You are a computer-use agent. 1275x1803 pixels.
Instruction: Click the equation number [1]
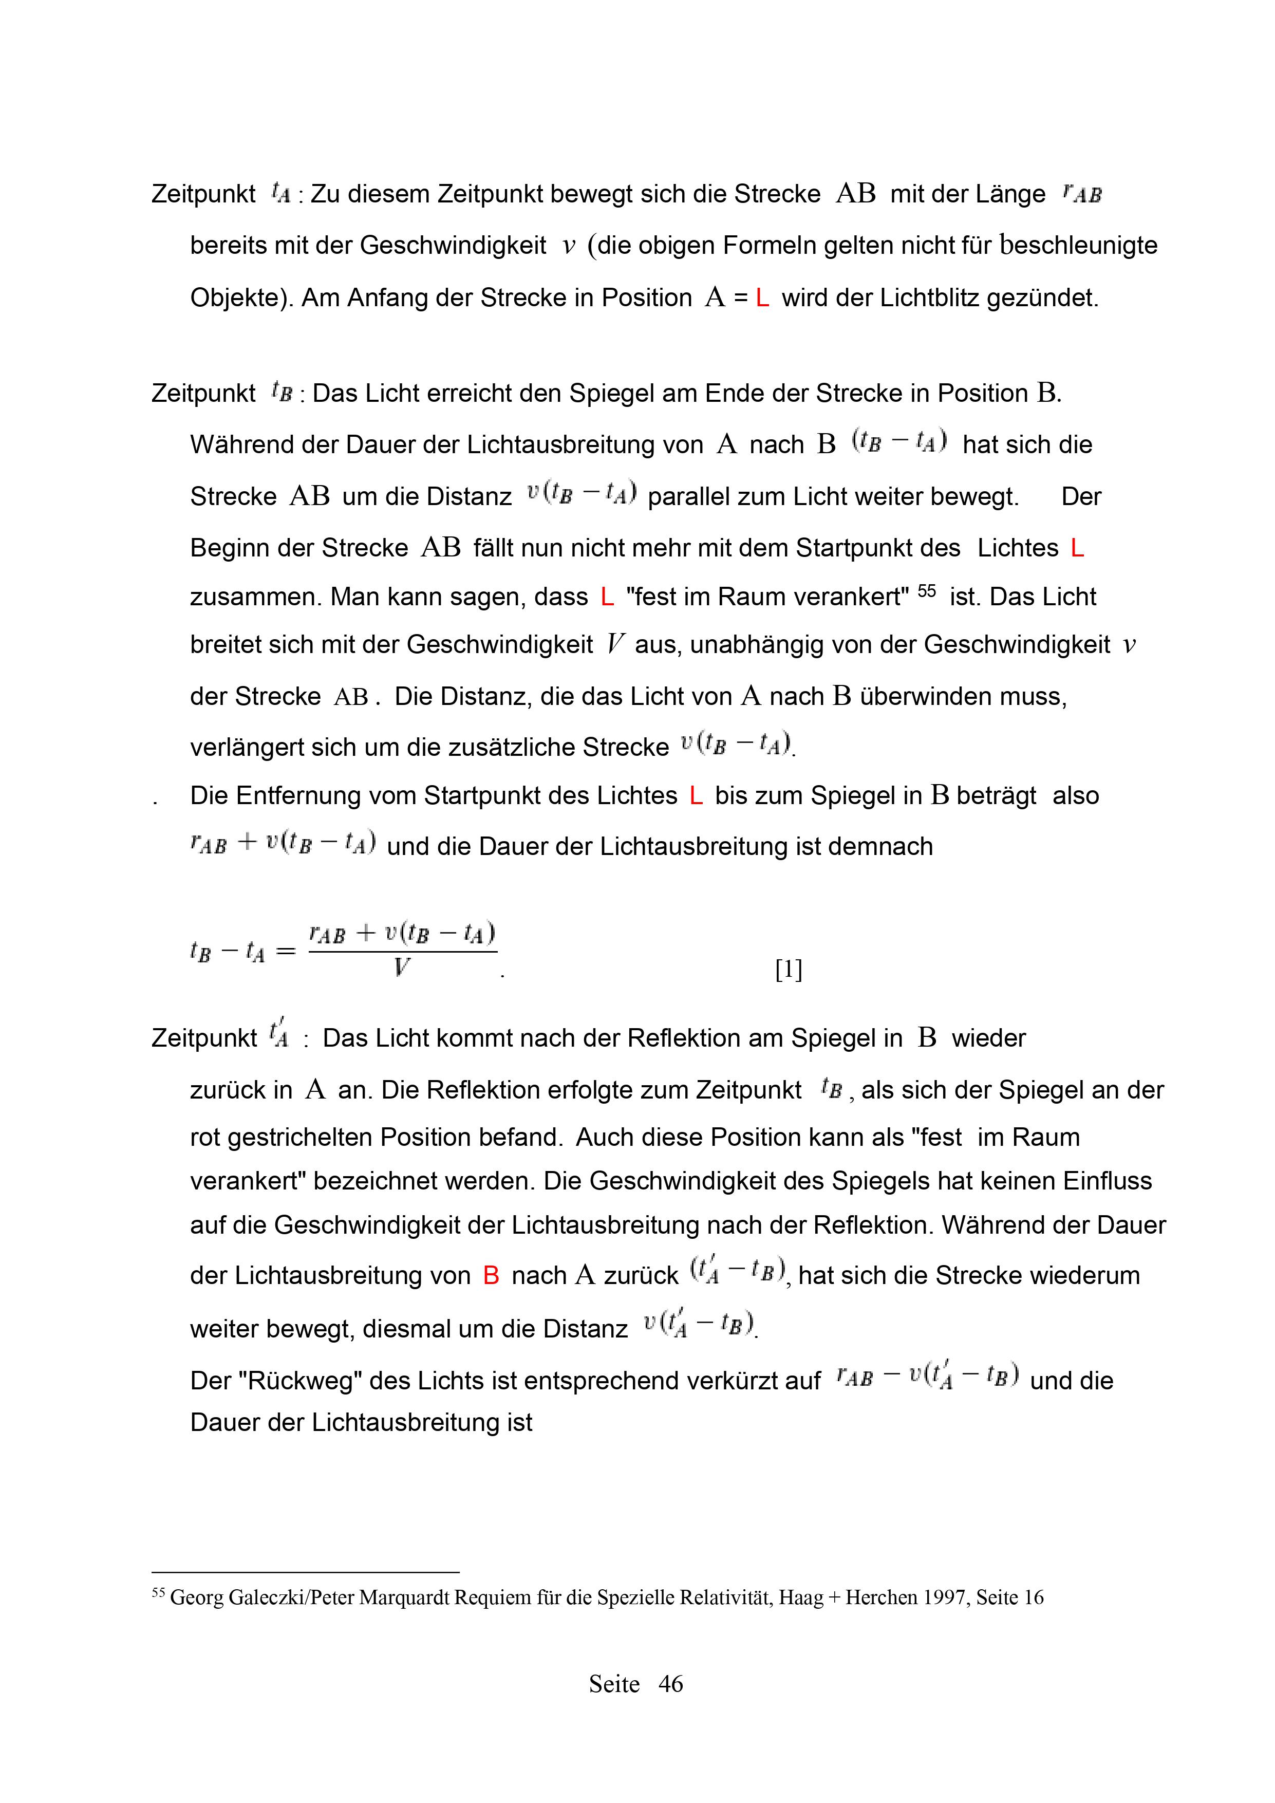[x=788, y=971]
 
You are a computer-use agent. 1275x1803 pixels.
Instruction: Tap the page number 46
[x=670, y=1684]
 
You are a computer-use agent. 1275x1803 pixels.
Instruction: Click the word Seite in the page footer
[x=614, y=1684]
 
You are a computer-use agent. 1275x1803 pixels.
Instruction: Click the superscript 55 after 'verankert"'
[x=926, y=590]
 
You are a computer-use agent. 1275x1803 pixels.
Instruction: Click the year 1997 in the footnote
[x=946, y=1597]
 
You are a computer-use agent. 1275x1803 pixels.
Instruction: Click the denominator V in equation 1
[x=401, y=968]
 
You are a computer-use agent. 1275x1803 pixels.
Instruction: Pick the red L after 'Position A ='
[x=761, y=299]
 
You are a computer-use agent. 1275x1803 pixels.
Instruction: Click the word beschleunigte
[x=1079, y=246]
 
